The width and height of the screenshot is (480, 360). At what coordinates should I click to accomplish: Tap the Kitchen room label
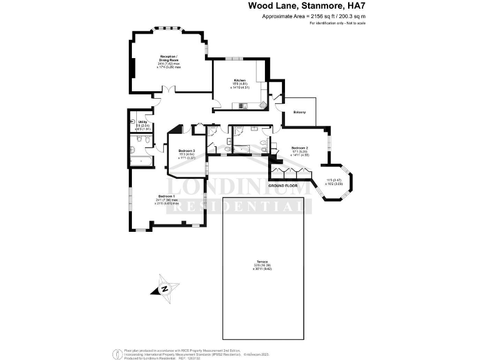click(x=239, y=81)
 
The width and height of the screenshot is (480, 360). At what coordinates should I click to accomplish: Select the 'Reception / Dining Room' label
click(x=169, y=57)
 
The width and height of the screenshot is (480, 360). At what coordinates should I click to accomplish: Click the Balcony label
click(x=299, y=112)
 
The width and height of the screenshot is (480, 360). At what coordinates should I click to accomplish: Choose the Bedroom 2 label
click(x=299, y=147)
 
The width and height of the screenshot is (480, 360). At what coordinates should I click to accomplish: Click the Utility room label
click(x=142, y=122)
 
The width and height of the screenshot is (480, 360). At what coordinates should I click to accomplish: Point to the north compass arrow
click(x=164, y=289)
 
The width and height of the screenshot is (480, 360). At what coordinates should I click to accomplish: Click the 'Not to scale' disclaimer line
click(x=337, y=22)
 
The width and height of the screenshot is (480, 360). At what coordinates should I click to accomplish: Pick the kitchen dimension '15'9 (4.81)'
click(x=240, y=84)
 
